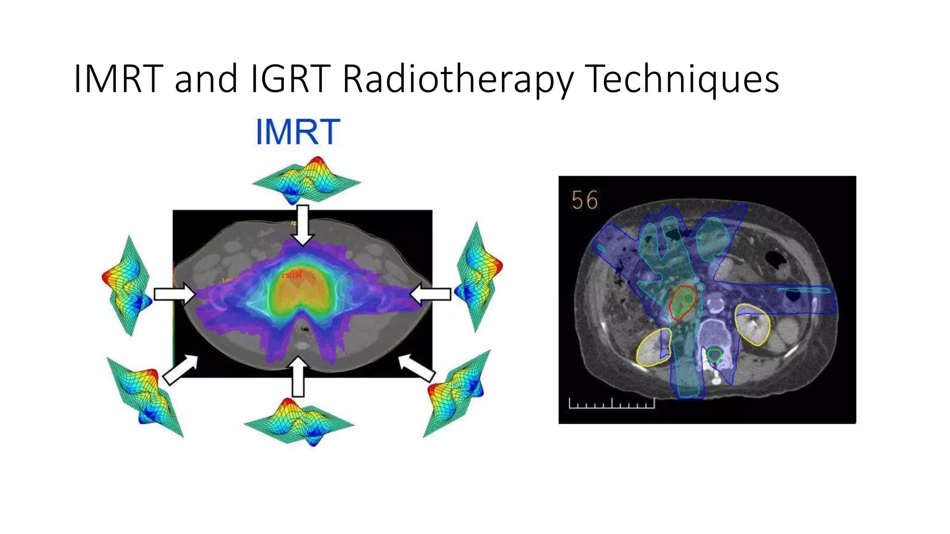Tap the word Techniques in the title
point(681,80)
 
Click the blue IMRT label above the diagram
point(298,132)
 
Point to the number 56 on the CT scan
point(585,200)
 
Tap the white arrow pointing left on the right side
point(430,294)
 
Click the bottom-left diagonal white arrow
point(180,370)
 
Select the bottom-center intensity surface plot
point(299,422)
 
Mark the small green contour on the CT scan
point(714,356)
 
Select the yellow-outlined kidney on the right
point(752,324)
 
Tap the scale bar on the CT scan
point(611,404)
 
